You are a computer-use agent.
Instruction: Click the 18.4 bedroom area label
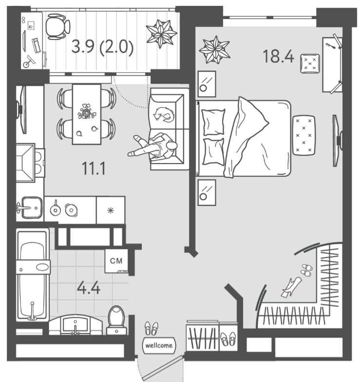(278, 56)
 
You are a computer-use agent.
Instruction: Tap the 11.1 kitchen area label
(94, 168)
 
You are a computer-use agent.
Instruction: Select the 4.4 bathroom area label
(89, 288)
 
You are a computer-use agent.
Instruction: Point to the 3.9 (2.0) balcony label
(102, 47)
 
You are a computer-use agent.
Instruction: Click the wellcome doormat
(159, 345)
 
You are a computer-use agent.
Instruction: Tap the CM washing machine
(116, 261)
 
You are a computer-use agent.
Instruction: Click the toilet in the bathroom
(116, 320)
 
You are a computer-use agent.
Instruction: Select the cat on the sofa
(164, 114)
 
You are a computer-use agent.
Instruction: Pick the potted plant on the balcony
(161, 34)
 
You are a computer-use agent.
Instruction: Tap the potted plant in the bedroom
(215, 50)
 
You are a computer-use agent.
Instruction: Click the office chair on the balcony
(58, 27)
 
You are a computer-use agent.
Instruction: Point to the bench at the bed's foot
(303, 135)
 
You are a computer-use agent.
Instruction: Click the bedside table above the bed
(207, 84)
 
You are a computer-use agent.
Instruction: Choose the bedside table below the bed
(207, 193)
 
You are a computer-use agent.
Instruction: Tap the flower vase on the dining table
(86, 111)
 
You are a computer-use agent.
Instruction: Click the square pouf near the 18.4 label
(310, 64)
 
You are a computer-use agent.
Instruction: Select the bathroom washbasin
(76, 326)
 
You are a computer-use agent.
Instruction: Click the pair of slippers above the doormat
(151, 328)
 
